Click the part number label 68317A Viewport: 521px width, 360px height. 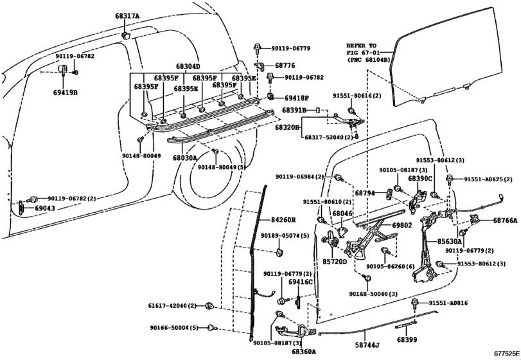[x=128, y=15]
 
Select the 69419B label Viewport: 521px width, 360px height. [x=65, y=93]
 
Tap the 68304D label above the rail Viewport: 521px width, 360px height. [x=188, y=66]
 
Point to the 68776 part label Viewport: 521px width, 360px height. [x=285, y=66]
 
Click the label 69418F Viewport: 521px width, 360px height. [x=297, y=98]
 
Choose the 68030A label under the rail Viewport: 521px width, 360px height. [x=185, y=157]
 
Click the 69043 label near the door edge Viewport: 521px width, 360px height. [x=45, y=208]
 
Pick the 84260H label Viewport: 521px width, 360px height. [x=283, y=220]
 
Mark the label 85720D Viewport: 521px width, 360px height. [x=335, y=262]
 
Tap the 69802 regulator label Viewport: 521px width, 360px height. [x=402, y=226]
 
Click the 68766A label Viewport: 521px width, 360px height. [x=506, y=220]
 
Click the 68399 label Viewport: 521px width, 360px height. [x=407, y=339]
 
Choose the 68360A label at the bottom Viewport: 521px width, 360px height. [x=304, y=352]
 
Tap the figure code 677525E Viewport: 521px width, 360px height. [x=507, y=354]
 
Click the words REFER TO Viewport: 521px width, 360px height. [x=362, y=46]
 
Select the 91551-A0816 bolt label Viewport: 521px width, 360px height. [x=448, y=303]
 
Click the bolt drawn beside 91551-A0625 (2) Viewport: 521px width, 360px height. [x=449, y=180]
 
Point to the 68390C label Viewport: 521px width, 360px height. [x=420, y=179]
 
